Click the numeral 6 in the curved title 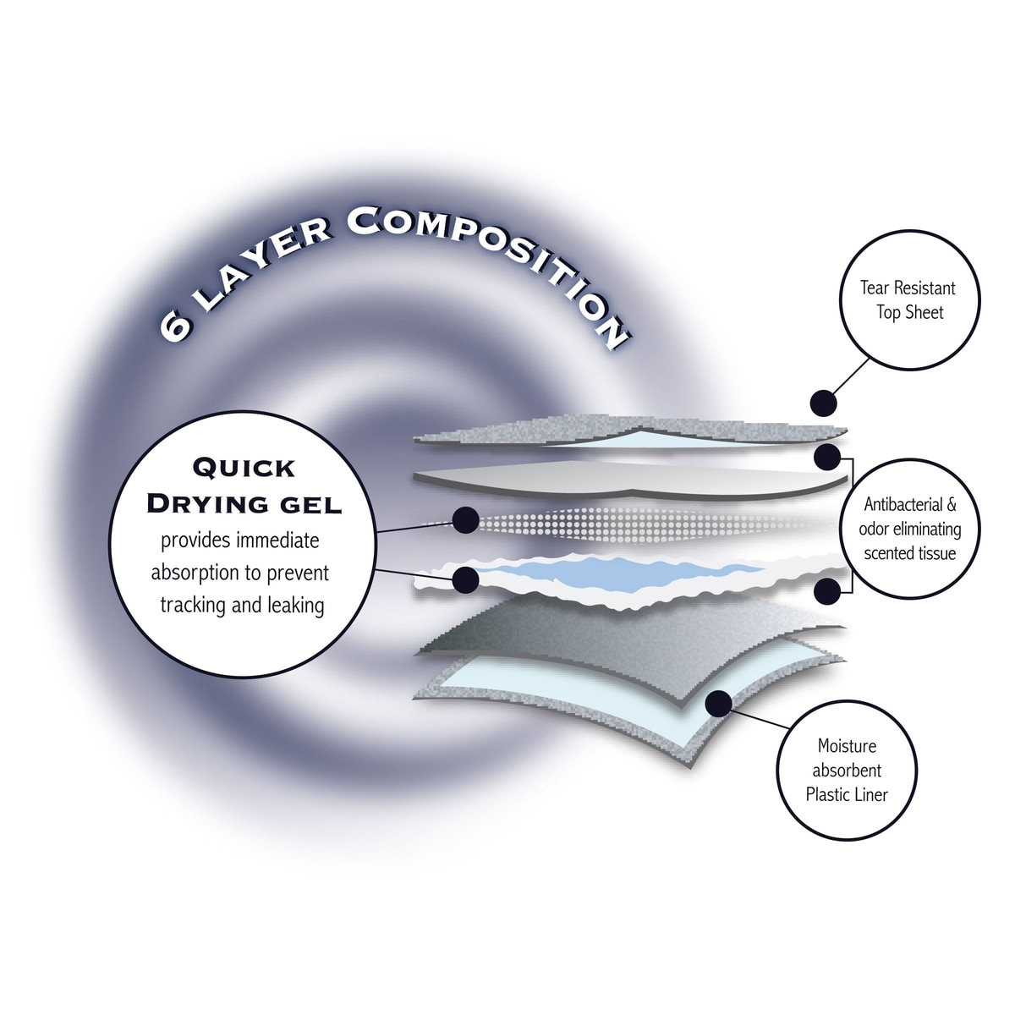(176, 326)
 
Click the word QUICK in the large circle (244, 467)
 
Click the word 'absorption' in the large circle (195, 573)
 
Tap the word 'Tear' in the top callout (874, 288)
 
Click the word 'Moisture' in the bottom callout (847, 746)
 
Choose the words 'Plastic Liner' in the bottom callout (847, 794)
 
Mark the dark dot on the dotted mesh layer (464, 521)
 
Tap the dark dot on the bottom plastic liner (718, 702)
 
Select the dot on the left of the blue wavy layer (464, 579)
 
